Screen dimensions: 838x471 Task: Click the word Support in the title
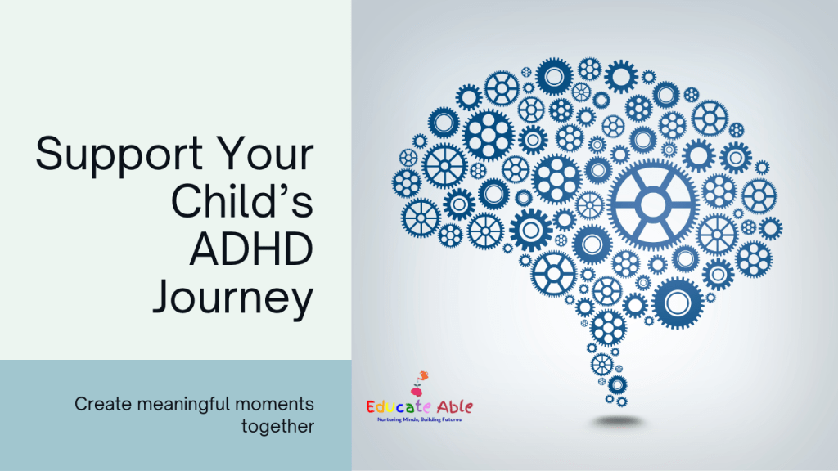point(119,155)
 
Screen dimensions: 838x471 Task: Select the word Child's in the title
point(242,201)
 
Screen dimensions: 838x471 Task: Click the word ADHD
point(251,249)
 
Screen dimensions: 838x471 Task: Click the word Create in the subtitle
point(103,404)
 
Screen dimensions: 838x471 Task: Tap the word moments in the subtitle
point(275,405)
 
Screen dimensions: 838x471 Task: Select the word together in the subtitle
point(277,427)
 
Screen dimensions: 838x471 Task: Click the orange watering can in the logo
point(423,376)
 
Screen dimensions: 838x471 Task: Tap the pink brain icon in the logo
point(417,392)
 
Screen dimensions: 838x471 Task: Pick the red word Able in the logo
point(455,407)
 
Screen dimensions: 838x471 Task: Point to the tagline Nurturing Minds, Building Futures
point(420,419)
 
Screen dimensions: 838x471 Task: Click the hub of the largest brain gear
point(652,204)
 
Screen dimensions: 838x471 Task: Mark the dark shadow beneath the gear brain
point(617,423)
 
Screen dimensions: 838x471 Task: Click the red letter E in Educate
point(372,407)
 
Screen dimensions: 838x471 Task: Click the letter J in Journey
point(163,297)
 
